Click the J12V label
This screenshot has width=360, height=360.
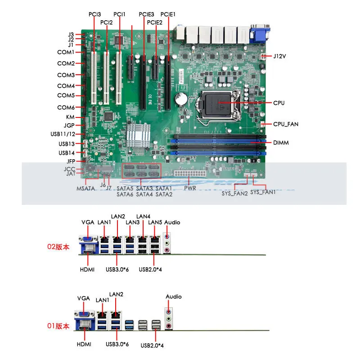280,56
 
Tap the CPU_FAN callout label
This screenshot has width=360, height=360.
286,124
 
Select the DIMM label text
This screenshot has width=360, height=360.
281,143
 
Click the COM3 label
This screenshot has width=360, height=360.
66,75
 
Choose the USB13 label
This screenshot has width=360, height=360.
67,144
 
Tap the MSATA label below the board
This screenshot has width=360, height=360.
85,188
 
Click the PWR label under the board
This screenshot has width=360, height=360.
190,188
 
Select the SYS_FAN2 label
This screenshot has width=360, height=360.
234,194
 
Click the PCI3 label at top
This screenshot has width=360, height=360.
94,14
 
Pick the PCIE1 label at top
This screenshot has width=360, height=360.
168,14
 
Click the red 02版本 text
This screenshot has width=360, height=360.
58,247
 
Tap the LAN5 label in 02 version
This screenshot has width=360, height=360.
155,222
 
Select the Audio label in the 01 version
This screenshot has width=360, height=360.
174,297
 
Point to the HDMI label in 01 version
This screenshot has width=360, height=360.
83,344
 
